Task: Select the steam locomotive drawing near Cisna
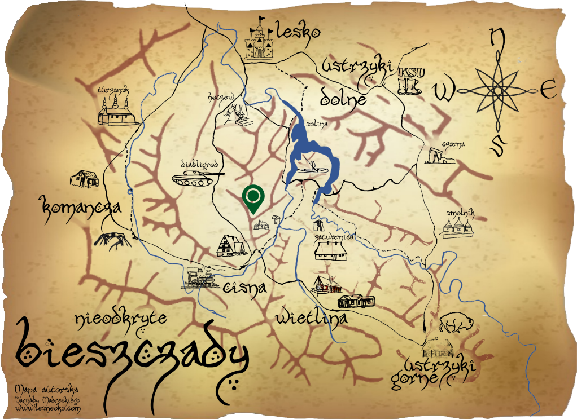click(199, 277)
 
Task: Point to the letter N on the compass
click(497, 38)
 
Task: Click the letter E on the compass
click(548, 89)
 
